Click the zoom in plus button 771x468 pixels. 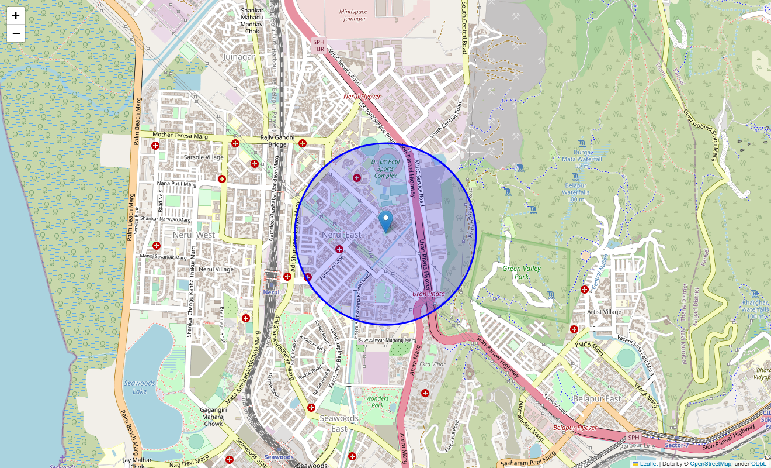(x=16, y=16)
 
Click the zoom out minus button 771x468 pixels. (x=16, y=33)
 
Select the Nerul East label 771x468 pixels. (x=342, y=235)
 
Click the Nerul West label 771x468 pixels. (x=194, y=235)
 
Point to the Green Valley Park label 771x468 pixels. (x=522, y=272)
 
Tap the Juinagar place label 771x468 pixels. (x=239, y=57)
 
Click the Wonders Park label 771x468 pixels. (x=377, y=402)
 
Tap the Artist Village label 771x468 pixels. (x=604, y=312)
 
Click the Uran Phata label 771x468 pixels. (x=429, y=294)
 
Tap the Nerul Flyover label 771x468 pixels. (x=362, y=97)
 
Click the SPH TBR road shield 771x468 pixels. (x=318, y=46)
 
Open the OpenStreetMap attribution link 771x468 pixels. (x=710, y=463)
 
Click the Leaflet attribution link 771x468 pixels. (x=648, y=463)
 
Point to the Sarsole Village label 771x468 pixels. (x=203, y=157)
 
